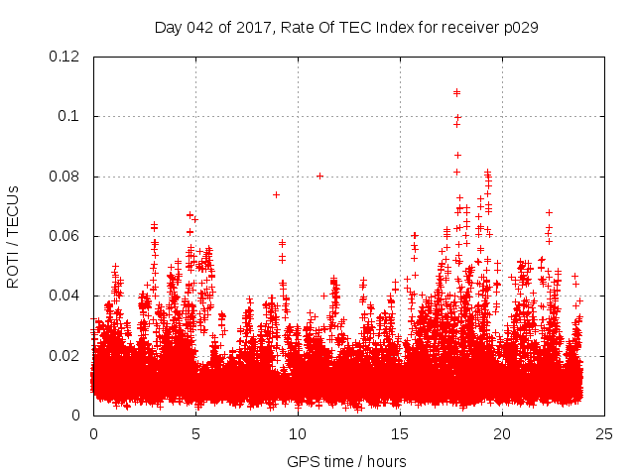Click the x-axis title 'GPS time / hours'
pos(346,461)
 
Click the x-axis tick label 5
pos(195,433)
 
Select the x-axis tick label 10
pos(298,433)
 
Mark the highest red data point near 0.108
pos(456,92)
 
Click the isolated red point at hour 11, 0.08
pos(319,176)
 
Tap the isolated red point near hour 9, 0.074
pos(276,194)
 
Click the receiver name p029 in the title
pos(519,27)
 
